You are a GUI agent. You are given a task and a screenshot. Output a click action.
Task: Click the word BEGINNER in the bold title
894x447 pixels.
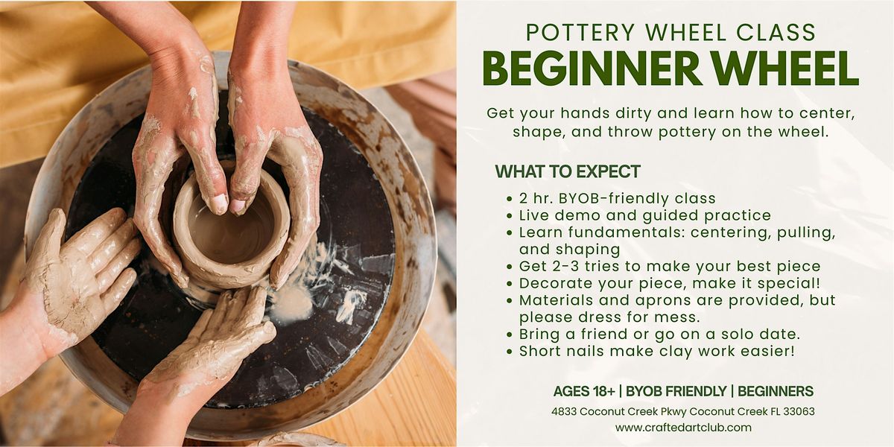click(x=592, y=69)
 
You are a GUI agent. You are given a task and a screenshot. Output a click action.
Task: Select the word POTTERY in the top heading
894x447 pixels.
click(x=580, y=33)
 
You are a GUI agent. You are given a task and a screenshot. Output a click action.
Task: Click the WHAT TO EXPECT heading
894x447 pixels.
click(x=568, y=171)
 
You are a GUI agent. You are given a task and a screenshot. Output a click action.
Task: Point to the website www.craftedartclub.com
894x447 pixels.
click(x=683, y=428)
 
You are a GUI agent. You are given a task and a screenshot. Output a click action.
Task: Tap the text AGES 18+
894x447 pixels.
click(x=584, y=392)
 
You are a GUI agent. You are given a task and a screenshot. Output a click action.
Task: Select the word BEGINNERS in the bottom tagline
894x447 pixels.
click(x=776, y=392)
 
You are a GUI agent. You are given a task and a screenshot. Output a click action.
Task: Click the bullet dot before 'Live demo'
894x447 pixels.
click(x=509, y=216)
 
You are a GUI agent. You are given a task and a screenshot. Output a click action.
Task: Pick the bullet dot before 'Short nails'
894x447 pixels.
click(x=509, y=352)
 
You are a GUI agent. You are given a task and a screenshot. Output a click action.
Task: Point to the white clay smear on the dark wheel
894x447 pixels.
click(x=294, y=305)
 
